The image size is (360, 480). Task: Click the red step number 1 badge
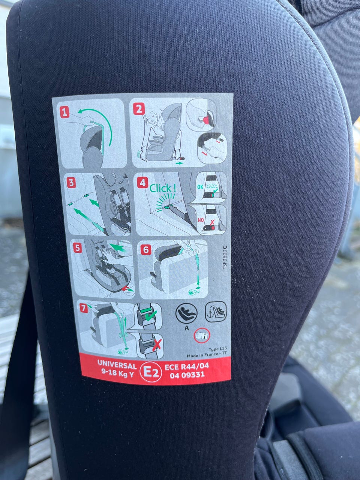point(64,112)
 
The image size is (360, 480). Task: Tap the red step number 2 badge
point(139,109)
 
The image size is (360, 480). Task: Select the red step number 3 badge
point(71,183)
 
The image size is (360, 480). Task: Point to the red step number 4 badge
point(142,183)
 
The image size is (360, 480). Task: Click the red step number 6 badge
point(146,249)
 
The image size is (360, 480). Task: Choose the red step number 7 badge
point(83,308)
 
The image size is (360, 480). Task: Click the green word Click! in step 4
point(162,188)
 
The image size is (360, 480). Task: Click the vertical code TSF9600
point(225,258)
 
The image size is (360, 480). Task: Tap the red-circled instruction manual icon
point(202,335)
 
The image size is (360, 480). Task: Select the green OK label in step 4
point(200,187)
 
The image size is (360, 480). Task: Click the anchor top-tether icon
point(216,312)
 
